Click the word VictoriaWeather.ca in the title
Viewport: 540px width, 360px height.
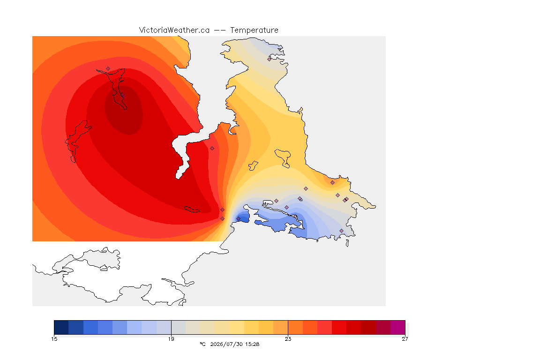(x=174, y=30)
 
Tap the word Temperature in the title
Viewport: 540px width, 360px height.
(x=254, y=30)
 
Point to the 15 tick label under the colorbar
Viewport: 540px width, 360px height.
(x=54, y=339)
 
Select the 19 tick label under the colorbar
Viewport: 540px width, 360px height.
(x=171, y=339)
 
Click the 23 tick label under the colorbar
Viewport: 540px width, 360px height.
(x=288, y=339)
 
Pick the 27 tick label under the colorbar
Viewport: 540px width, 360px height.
(x=405, y=339)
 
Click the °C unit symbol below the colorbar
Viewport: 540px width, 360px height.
(x=202, y=344)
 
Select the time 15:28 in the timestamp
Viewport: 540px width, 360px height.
(x=252, y=344)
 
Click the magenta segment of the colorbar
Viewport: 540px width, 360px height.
(x=398, y=327)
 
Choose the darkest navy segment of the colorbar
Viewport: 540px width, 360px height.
(x=61, y=327)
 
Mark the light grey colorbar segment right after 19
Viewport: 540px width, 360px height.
(x=179, y=327)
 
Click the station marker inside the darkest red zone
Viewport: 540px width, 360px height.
(x=122, y=95)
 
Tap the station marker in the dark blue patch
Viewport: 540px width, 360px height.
(x=238, y=219)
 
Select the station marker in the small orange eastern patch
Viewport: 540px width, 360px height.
(x=332, y=183)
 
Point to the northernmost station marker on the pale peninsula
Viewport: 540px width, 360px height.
(x=270, y=59)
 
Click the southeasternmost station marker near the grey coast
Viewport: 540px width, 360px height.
(x=341, y=231)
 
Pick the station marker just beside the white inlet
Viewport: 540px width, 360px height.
(x=212, y=149)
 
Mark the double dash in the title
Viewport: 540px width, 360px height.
(x=220, y=30)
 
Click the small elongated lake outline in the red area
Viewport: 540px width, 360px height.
(x=192, y=210)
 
